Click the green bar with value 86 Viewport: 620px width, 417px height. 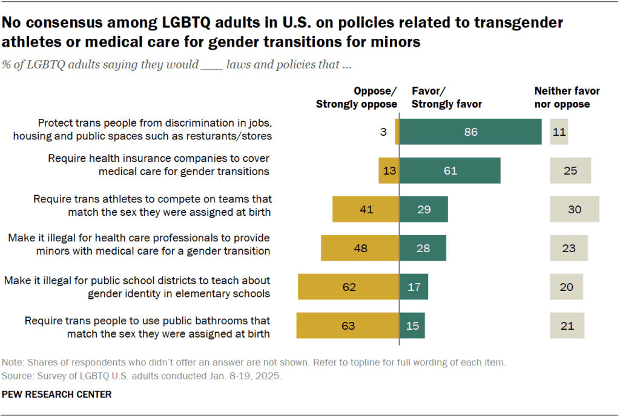pyautogui.click(x=470, y=132)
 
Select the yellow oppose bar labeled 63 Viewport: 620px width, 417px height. pyautogui.click(x=348, y=325)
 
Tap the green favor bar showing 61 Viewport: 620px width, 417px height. pyautogui.click(x=450, y=170)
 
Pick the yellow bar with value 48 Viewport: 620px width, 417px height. pyautogui.click(x=360, y=248)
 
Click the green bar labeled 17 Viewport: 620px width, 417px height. pyautogui.click(x=414, y=287)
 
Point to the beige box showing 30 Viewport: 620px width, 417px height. pyautogui.click(x=574, y=209)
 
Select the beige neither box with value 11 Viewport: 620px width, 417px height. pyautogui.click(x=559, y=132)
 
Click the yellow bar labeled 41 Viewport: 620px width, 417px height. pyautogui.click(x=366, y=209)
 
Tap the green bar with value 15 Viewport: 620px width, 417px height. pyautogui.click(x=412, y=325)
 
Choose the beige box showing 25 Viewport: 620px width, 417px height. pyautogui.click(x=570, y=170)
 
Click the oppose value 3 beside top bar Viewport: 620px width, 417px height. pyautogui.click(x=383, y=132)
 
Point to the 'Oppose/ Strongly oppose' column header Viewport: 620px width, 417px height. pyautogui.click(x=357, y=98)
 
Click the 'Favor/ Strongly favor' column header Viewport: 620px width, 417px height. pyautogui.click(x=447, y=98)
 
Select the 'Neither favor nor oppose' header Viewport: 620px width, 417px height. pyautogui.click(x=567, y=98)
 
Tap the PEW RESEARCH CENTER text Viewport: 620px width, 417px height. pyautogui.click(x=57, y=394)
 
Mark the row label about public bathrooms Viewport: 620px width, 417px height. pyautogui.click(x=147, y=326)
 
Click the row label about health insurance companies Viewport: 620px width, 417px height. pyautogui.click(x=159, y=164)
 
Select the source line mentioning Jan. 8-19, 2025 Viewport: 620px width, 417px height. pyautogui.click(x=142, y=376)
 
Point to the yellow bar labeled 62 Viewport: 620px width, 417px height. pyautogui.click(x=348, y=287)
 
